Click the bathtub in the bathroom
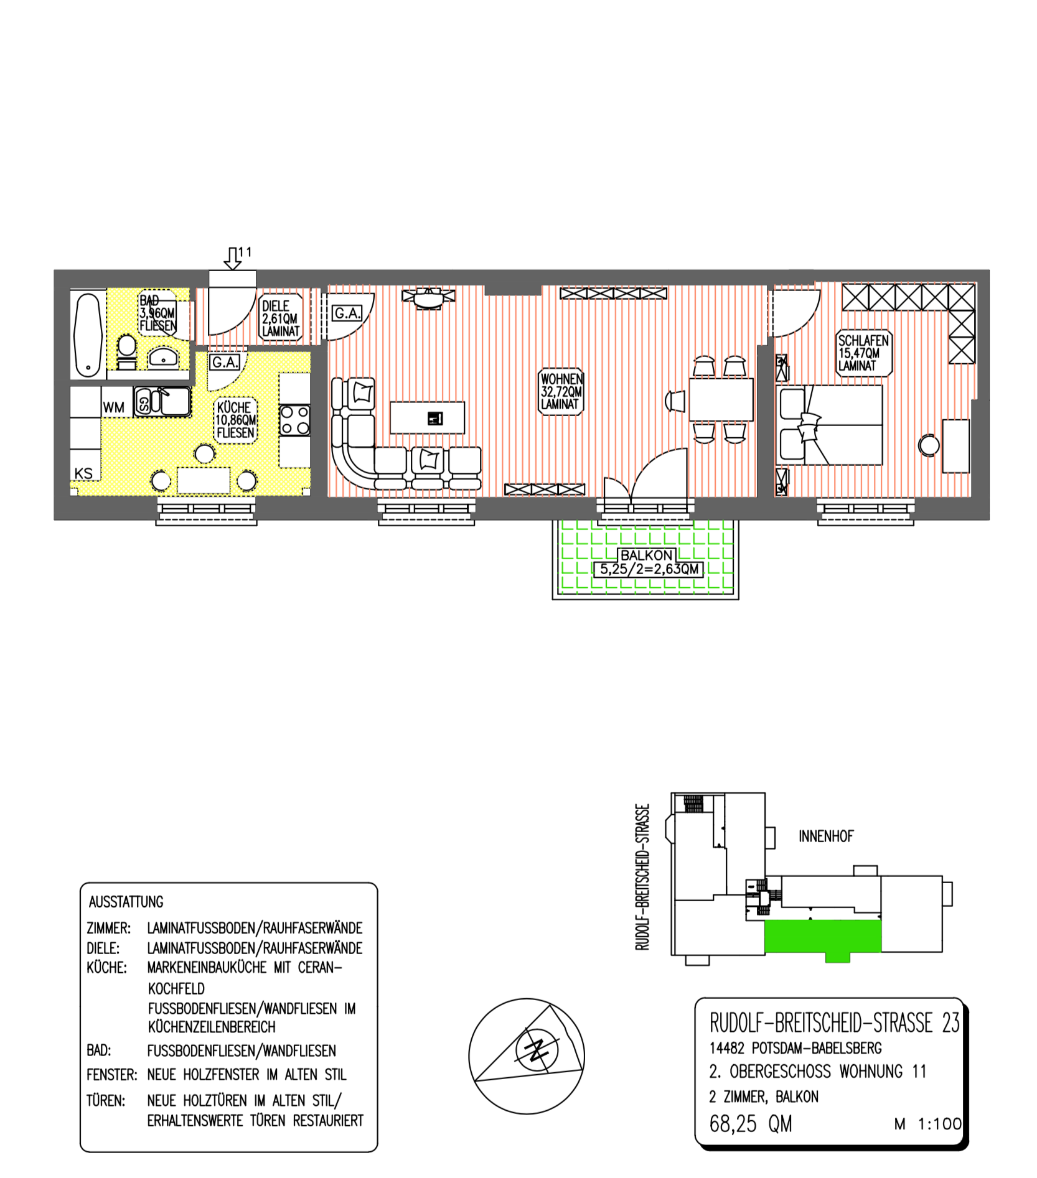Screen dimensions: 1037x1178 (88, 335)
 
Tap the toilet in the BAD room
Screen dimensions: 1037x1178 (126, 351)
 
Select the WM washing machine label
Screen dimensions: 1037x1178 (114, 407)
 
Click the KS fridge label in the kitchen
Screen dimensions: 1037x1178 (83, 473)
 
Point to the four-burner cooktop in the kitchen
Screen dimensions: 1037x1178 (294, 420)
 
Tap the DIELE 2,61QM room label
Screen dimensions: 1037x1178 (281, 318)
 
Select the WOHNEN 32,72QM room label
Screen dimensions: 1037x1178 (561, 391)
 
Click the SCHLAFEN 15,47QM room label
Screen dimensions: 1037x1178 (863, 353)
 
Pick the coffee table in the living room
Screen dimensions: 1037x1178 (427, 417)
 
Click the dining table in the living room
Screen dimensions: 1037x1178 (721, 399)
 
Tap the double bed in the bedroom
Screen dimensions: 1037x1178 (830, 425)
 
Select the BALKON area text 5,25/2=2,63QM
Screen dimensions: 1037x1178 (649, 569)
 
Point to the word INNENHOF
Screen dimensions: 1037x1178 (826, 836)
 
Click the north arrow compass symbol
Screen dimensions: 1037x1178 (527, 1056)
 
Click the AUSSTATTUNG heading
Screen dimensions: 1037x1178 (126, 902)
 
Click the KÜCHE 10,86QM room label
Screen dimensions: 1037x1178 (235, 420)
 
